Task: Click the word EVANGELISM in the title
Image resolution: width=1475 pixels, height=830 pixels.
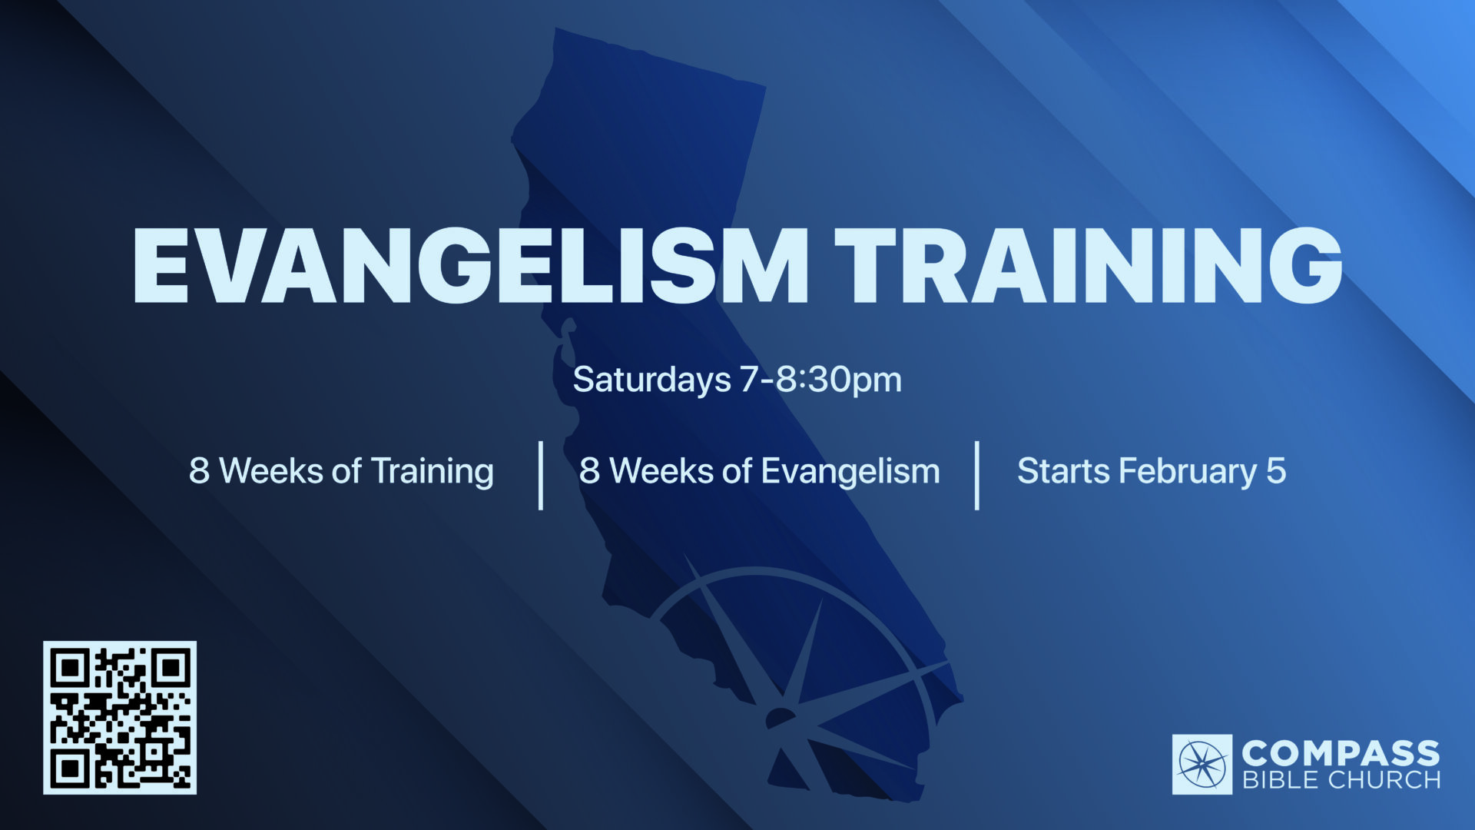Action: coord(471,265)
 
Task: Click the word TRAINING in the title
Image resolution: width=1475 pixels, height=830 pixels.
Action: coord(1089,265)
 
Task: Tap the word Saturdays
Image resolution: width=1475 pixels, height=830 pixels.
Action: coord(652,380)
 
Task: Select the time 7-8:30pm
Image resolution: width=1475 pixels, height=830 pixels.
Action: coord(820,380)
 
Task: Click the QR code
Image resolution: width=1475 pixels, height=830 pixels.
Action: coord(120,718)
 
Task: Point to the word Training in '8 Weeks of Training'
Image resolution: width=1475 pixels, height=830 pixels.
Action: coord(433,472)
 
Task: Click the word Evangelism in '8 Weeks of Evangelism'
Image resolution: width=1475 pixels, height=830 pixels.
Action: coord(850,472)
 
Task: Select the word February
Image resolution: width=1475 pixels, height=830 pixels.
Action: coord(1187,472)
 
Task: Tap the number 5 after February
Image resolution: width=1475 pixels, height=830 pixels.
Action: coord(1276,471)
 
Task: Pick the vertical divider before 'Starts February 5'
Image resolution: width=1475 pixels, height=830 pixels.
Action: coord(977,475)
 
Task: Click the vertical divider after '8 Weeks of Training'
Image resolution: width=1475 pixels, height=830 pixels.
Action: coord(542,475)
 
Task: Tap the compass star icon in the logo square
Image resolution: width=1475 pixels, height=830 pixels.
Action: coord(1202,765)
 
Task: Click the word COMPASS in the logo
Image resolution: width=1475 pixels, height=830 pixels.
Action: coord(1341,752)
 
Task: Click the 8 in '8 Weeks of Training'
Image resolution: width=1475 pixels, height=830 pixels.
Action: coord(199,471)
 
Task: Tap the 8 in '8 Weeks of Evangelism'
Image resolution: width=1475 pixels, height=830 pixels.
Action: coord(589,471)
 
